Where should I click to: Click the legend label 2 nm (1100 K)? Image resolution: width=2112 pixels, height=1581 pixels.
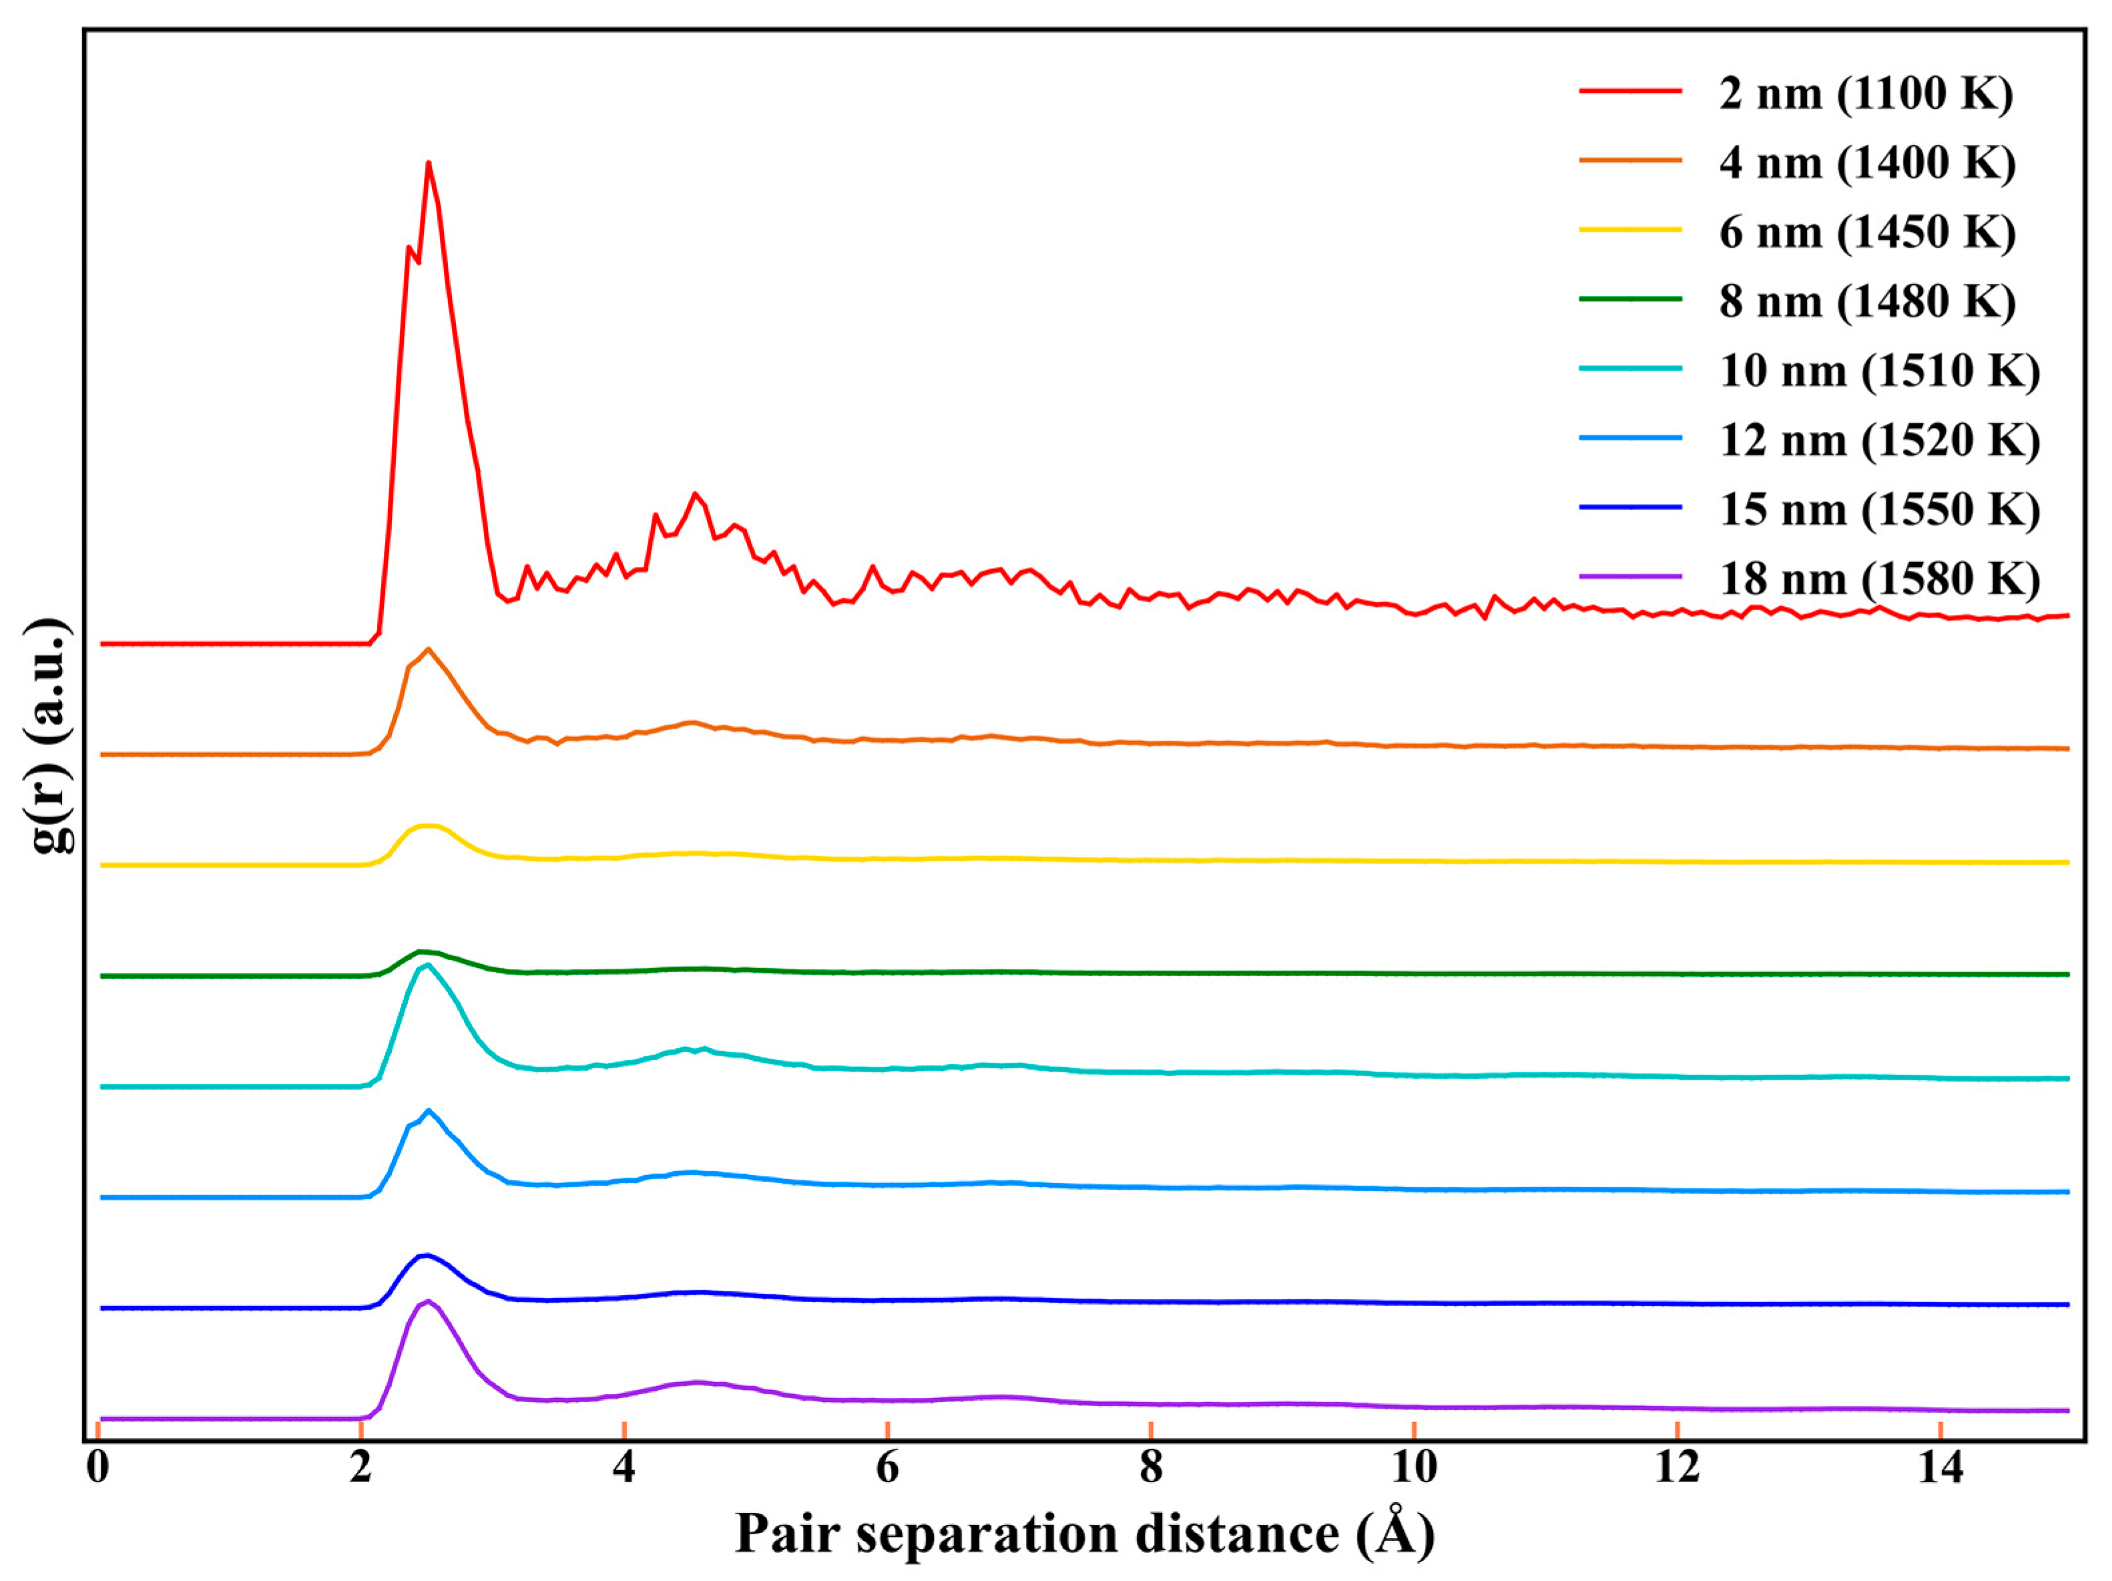click(x=1866, y=93)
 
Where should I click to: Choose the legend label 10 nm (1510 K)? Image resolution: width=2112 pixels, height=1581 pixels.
click(x=1879, y=371)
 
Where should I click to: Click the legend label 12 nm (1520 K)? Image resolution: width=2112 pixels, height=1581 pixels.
click(x=1879, y=440)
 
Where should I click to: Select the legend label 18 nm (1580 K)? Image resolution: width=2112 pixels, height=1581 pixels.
click(x=1879, y=580)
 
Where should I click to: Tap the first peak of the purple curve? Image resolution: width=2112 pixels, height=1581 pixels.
click(x=428, y=1301)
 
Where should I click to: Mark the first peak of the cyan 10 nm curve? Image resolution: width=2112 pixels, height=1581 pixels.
click(x=427, y=965)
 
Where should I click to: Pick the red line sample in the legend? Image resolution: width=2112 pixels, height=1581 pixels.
click(x=1630, y=91)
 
